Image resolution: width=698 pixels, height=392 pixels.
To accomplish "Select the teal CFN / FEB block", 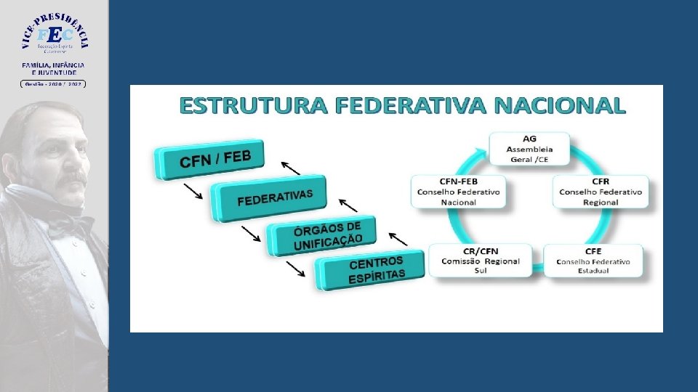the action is click(211, 160).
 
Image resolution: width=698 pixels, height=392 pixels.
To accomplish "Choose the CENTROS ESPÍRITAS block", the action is click(371, 270).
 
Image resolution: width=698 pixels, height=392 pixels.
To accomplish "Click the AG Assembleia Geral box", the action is click(529, 148).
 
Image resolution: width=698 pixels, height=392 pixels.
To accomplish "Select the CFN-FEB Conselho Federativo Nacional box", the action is click(458, 192).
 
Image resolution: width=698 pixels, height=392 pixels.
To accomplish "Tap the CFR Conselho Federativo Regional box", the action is click(601, 192).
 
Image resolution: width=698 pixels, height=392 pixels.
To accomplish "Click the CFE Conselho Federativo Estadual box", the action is click(593, 261).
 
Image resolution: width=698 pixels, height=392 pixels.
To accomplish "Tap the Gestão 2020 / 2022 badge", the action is click(53, 83).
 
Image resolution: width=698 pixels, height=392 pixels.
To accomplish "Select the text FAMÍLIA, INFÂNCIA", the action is click(53, 65).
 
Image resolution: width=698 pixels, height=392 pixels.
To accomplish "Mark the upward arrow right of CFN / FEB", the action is click(291, 168).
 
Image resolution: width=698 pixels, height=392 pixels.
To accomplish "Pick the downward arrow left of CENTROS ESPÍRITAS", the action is click(295, 269).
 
